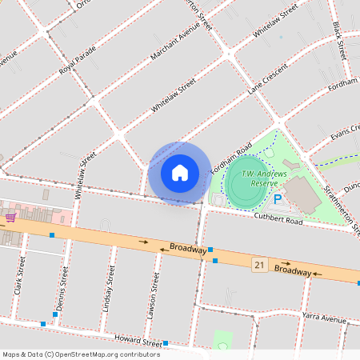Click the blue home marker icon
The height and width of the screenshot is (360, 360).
click(180, 173)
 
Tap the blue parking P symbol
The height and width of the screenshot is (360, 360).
click(278, 199)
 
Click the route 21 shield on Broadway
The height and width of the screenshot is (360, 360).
click(259, 264)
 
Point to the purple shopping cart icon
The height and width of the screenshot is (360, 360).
click(10, 217)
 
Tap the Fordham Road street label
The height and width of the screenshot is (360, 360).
click(232, 158)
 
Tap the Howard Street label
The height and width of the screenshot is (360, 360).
click(137, 340)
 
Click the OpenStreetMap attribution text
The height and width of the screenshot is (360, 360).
click(80, 354)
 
